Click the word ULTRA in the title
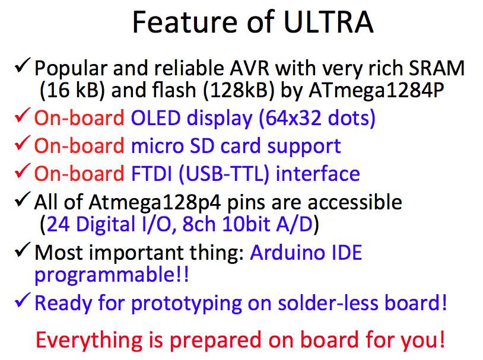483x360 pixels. (328, 22)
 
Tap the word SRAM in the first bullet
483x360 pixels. (437, 68)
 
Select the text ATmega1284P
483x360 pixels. (376, 91)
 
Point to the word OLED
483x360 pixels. (155, 117)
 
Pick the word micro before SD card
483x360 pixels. (157, 146)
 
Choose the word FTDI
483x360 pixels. (151, 174)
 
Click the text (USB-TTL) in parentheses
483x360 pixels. (224, 174)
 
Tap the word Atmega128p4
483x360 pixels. (155, 203)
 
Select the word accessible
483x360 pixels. (355, 202)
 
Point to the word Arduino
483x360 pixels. (287, 253)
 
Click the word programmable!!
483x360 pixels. (112, 275)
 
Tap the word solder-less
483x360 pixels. (328, 303)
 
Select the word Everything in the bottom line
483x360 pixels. (90, 340)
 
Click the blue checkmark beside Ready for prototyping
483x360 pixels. (23, 300)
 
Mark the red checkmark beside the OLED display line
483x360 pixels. (23, 115)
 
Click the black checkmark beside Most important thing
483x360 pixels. (23, 250)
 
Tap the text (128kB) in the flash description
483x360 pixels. (239, 91)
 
